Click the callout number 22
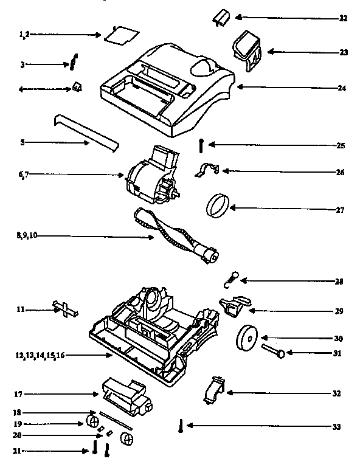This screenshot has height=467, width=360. [343, 18]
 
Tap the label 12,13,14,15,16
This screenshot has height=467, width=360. [40, 355]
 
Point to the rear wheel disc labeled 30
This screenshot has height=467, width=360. [248, 337]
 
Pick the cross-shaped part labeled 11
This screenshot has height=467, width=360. [66, 309]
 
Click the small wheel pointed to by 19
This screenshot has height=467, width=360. [93, 422]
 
